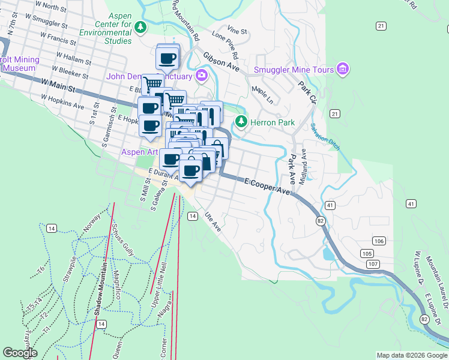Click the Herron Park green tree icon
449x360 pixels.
[x=241, y=122]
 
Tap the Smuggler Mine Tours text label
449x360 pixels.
[x=294, y=70]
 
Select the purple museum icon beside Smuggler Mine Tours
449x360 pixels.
[x=343, y=70]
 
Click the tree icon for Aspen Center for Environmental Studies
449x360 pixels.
[x=140, y=27]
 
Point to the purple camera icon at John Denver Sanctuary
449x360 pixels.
[x=202, y=76]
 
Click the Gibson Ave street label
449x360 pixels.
[x=221, y=61]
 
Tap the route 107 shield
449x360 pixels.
[x=373, y=264]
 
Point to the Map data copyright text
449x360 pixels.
[x=411, y=355]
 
